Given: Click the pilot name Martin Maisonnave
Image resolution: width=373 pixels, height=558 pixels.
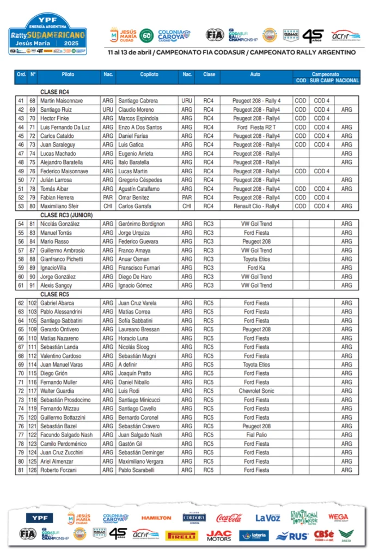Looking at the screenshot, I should tap(62, 101).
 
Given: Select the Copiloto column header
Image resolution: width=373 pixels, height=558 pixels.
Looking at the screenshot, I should tap(149, 74).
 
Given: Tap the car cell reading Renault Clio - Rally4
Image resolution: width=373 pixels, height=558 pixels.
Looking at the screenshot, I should tap(256, 207).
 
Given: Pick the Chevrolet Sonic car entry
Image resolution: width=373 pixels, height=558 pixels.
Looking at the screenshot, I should tap(256, 391).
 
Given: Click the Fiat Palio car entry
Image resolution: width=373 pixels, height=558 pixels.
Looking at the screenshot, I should tap(256, 435).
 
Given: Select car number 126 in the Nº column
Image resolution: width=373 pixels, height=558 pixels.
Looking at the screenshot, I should tap(33, 470).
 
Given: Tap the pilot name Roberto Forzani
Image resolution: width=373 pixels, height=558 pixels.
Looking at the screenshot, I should tap(59, 470).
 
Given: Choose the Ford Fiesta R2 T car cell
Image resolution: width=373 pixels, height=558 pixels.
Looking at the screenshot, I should tap(256, 127).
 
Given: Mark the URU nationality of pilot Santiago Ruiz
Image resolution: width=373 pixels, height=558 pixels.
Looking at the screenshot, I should tap(108, 110).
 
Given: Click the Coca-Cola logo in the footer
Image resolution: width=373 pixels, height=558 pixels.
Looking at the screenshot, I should tap(229, 518).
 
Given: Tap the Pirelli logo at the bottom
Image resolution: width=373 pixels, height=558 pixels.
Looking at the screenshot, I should tap(181, 536).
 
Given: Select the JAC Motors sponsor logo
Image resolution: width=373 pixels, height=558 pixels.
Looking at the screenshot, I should tap(219, 536).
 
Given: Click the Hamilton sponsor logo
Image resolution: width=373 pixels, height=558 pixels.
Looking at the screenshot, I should tap(156, 518).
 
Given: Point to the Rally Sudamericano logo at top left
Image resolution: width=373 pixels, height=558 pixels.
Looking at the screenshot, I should tap(48, 34).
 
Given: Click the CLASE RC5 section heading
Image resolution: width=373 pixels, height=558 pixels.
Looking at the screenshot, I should tap(54, 294).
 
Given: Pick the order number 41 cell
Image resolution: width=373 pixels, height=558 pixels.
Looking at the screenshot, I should tap(21, 101).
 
